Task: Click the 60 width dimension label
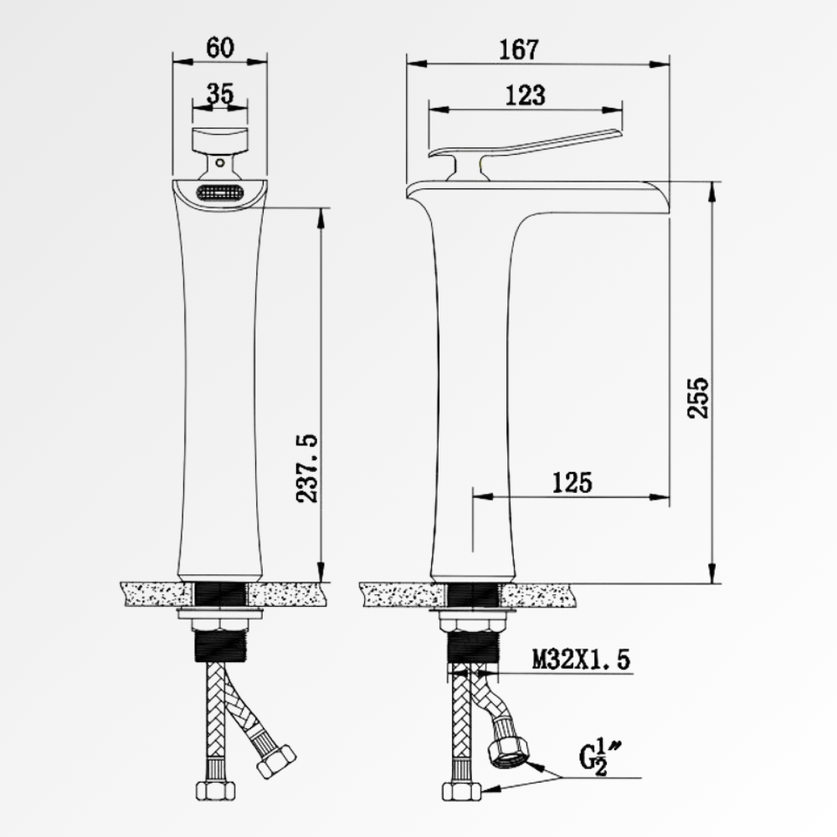coord(219,49)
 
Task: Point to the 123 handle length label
coord(525,95)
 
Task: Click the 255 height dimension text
coord(697,398)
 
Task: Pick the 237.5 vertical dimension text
coord(309,469)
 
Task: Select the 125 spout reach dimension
coord(572,482)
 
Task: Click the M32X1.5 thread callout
coord(580,660)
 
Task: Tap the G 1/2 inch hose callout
coord(598,757)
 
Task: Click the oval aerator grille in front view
coord(219,193)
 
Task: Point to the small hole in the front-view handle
coord(219,164)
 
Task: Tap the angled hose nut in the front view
coord(276,760)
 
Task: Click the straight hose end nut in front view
coord(214,788)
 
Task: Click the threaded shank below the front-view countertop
coord(219,646)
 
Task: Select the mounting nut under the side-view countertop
coord(474,624)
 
